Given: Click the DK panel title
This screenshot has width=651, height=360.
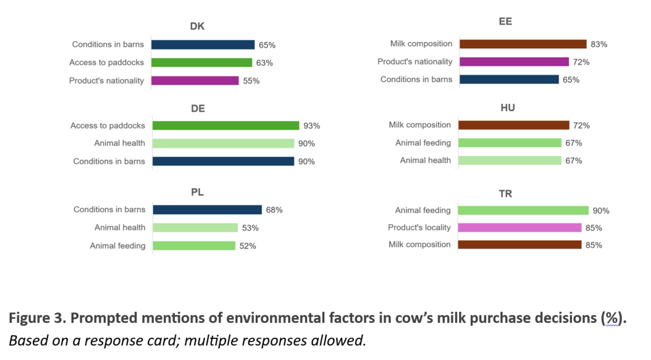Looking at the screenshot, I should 197,27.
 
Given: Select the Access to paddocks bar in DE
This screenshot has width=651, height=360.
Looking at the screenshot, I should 225,126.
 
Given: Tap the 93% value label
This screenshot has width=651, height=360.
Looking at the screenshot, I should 311,126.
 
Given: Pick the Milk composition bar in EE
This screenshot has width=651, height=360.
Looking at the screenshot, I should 523,44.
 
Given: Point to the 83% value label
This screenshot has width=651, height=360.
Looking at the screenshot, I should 599,44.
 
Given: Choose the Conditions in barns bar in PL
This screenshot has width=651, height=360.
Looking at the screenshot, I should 207,210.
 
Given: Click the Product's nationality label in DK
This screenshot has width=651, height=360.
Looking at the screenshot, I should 106,81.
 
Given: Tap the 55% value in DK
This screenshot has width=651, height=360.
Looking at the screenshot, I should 251,81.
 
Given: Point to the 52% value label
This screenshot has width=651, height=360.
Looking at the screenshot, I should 248,246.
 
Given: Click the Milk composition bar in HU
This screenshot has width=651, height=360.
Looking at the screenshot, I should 514,125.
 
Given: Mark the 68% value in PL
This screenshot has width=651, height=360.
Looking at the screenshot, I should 274,210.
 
